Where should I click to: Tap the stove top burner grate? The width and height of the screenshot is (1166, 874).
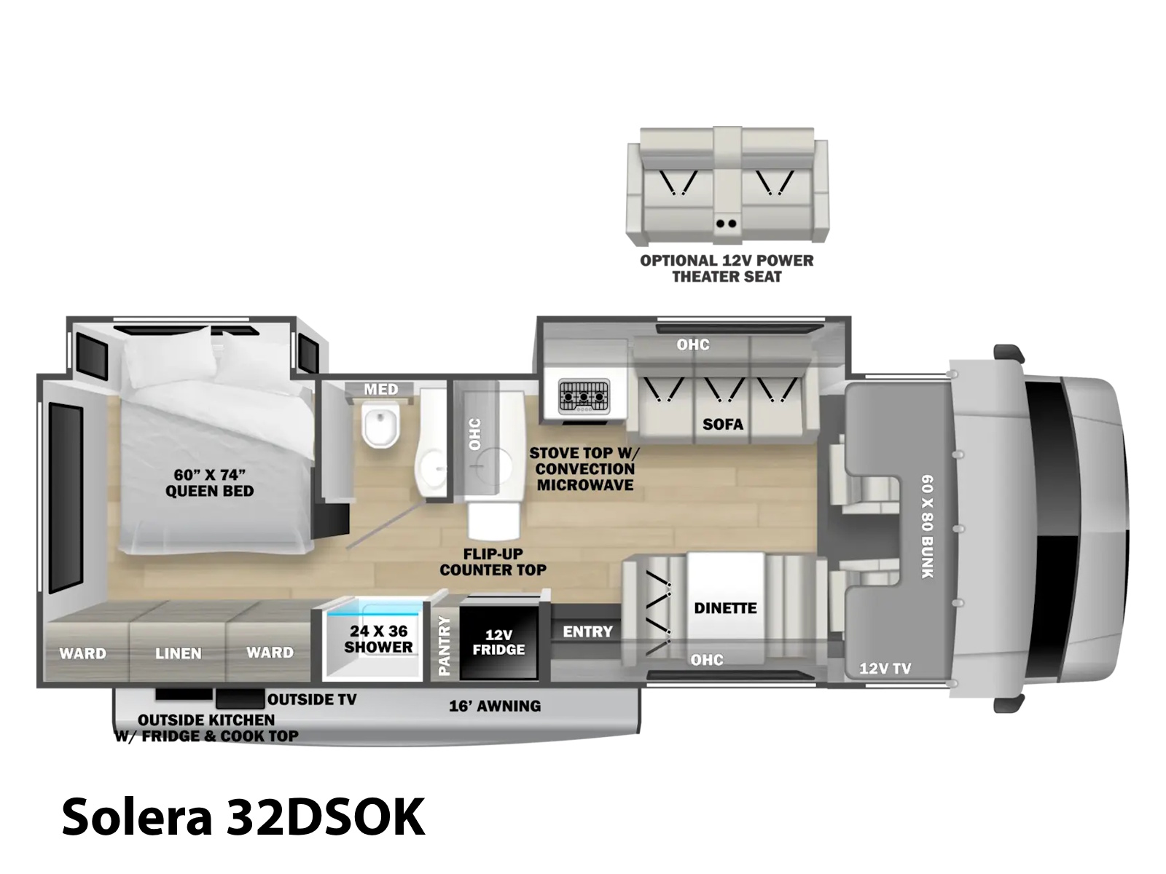coord(583,396)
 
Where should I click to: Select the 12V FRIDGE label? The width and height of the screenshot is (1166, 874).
coord(498,642)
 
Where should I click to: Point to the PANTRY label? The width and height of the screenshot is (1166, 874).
coord(444,645)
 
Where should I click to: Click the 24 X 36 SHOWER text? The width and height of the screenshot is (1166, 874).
coord(378,639)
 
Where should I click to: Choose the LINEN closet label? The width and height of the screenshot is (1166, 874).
coord(178,653)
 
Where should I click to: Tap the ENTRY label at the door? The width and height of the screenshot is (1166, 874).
coord(587,631)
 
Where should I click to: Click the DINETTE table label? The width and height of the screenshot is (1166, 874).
coord(725,607)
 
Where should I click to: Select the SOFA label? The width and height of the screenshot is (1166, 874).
coord(722,424)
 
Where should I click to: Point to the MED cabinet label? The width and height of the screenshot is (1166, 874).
coord(381,390)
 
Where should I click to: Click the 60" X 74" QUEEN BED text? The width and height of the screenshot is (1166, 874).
coord(209,483)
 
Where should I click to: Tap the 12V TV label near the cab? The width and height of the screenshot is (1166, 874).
coord(885,669)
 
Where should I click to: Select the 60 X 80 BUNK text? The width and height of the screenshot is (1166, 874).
coord(927,527)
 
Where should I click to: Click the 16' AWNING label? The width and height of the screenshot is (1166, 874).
coord(495,706)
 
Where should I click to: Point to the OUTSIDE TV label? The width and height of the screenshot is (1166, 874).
coord(312,699)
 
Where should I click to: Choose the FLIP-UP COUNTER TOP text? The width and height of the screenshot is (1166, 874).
coord(493,562)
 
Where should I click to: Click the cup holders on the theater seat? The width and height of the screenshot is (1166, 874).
coord(726,224)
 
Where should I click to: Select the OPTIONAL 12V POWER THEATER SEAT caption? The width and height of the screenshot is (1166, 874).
coord(727,269)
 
